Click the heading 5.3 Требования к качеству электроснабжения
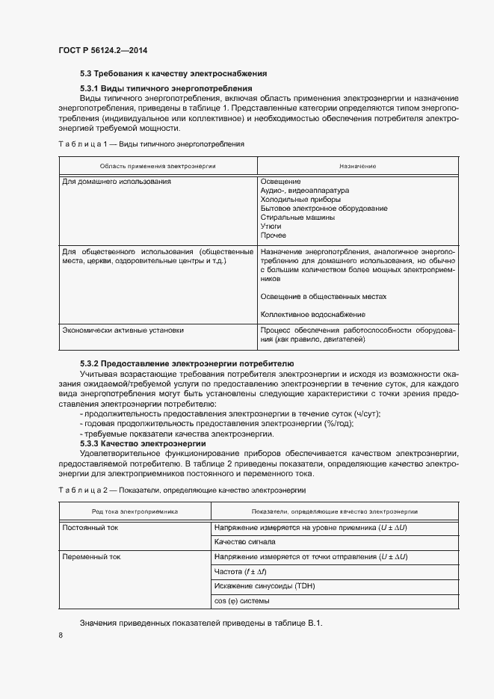[173, 74]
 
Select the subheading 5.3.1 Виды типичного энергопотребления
[165, 88]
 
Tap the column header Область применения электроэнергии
[157, 165]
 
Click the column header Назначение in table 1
[357, 165]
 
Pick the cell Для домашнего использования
[117, 182]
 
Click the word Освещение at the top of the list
[280, 182]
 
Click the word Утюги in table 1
[271, 227]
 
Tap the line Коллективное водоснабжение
[312, 314]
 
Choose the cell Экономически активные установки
[123, 330]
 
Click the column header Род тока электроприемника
[135, 511]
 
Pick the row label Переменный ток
[90, 557]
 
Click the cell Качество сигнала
[245, 542]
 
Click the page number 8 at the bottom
[61, 635]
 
